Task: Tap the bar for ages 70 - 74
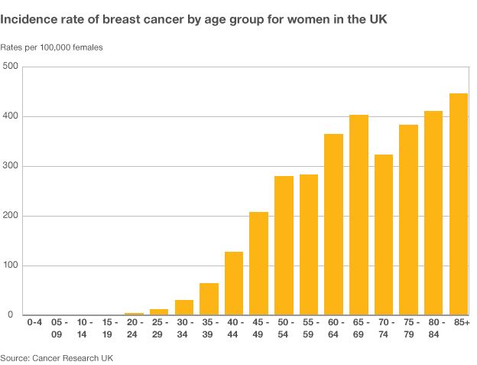(x=384, y=235)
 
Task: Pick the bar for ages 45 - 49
(x=258, y=263)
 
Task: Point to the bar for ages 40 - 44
(x=233, y=283)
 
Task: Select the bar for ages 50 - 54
(x=284, y=246)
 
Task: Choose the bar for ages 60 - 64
(x=333, y=224)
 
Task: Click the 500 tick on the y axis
(x=10, y=67)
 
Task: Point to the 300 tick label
(x=10, y=167)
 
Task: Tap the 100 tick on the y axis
(x=10, y=266)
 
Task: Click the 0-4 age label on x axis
(x=34, y=324)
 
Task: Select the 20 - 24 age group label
(x=134, y=329)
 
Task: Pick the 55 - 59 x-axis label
(x=309, y=329)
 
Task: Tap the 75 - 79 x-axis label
(x=409, y=329)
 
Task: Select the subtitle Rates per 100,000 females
(x=51, y=47)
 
